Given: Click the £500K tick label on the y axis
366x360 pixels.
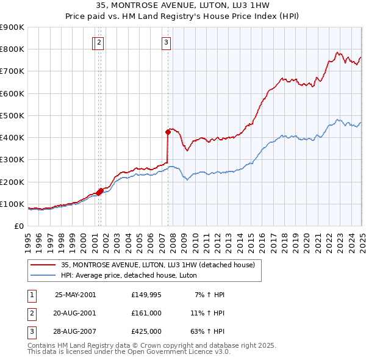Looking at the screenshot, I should [x=12, y=115].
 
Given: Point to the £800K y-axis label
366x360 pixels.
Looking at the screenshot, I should [x=12, y=49].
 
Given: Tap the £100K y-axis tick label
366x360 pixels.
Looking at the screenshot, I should [x=12, y=204].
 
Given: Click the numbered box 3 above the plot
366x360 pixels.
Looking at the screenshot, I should [x=166, y=42].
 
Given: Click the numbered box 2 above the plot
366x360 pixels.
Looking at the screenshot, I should [x=99, y=42].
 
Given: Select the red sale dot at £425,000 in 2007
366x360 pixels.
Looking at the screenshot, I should [x=168, y=131].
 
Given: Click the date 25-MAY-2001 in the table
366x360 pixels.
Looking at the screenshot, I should [x=75, y=295].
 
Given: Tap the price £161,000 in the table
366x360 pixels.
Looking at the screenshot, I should [x=146, y=314].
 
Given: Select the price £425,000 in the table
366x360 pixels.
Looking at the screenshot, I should [x=146, y=333].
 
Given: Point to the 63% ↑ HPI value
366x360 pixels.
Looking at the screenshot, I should [x=207, y=333].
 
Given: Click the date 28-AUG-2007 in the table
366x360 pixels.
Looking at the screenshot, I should [x=75, y=333].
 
